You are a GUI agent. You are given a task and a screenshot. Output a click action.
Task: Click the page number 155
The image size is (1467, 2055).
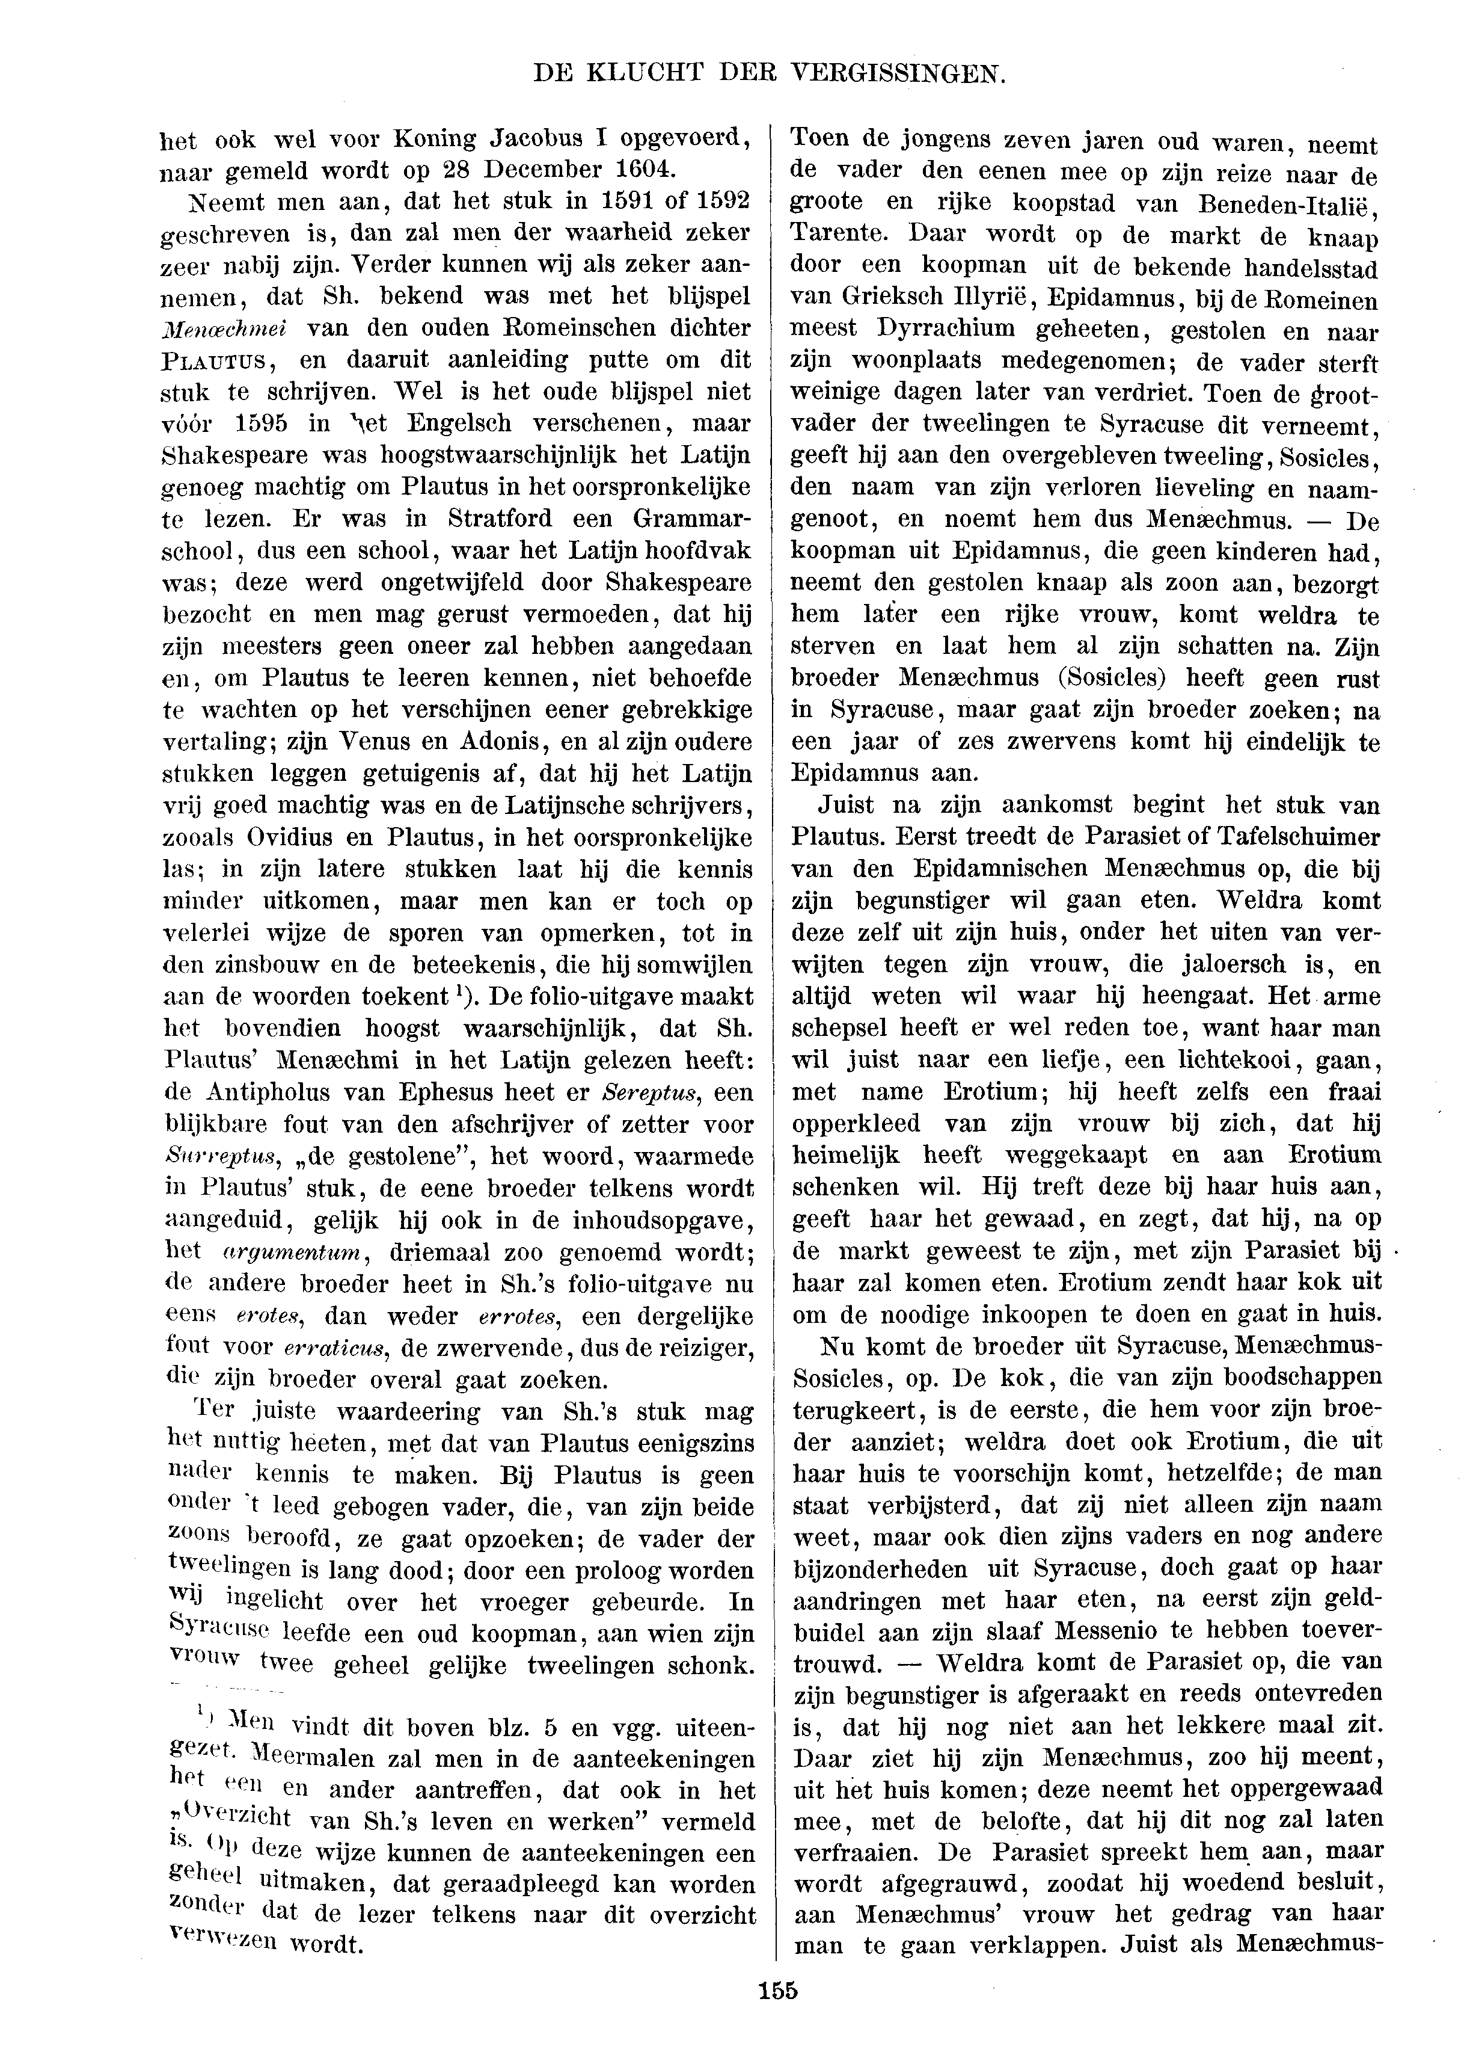[x=779, y=1991]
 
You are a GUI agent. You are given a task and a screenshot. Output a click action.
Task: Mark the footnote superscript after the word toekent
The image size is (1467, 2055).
[x=460, y=991]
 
